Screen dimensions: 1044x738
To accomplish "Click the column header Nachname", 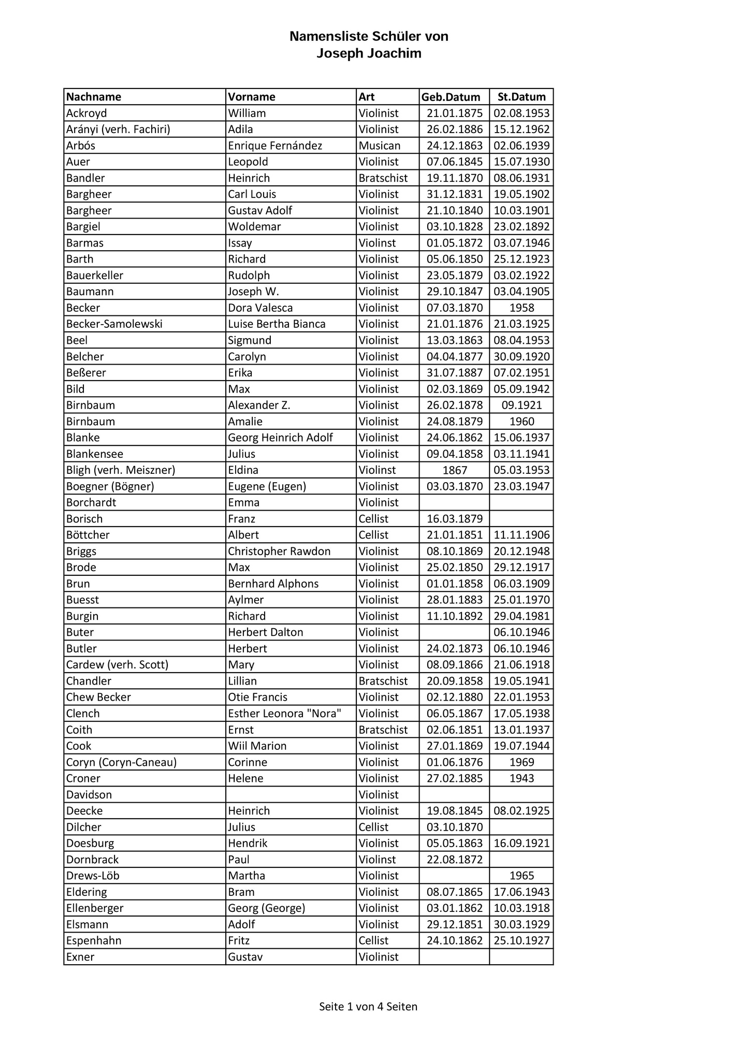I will click(x=94, y=97).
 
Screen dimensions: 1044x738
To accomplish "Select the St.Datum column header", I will click(x=522, y=97).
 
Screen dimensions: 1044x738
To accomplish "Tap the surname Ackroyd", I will click(x=86, y=113).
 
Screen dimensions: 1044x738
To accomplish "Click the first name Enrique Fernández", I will click(x=275, y=146).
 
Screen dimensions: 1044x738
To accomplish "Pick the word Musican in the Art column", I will click(x=380, y=146).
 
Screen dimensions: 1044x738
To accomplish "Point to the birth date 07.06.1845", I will click(x=454, y=162).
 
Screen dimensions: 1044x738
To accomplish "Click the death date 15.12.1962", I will click(x=522, y=129).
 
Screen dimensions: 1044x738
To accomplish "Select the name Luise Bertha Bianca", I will click(x=277, y=324).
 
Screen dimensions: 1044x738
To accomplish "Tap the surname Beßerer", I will click(x=86, y=372).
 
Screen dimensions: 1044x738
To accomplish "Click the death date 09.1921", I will click(x=522, y=405).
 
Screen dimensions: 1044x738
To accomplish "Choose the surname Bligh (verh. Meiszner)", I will click(x=121, y=470).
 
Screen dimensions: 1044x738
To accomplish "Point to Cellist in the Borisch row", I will click(x=373, y=518).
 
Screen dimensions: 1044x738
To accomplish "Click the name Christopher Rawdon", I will click(x=279, y=551).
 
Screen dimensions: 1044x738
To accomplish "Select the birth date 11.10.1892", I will click(x=454, y=616).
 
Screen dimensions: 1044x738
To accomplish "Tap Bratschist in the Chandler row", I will click(x=383, y=680).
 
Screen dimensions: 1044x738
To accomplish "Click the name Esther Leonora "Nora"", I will click(x=285, y=713).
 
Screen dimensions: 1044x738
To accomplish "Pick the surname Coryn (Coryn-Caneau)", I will click(x=121, y=762).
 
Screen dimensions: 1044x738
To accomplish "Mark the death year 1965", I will click(x=522, y=875).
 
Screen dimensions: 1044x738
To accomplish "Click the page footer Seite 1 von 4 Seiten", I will click(x=368, y=1006).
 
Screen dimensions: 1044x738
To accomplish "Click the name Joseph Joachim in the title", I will click(x=369, y=53).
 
